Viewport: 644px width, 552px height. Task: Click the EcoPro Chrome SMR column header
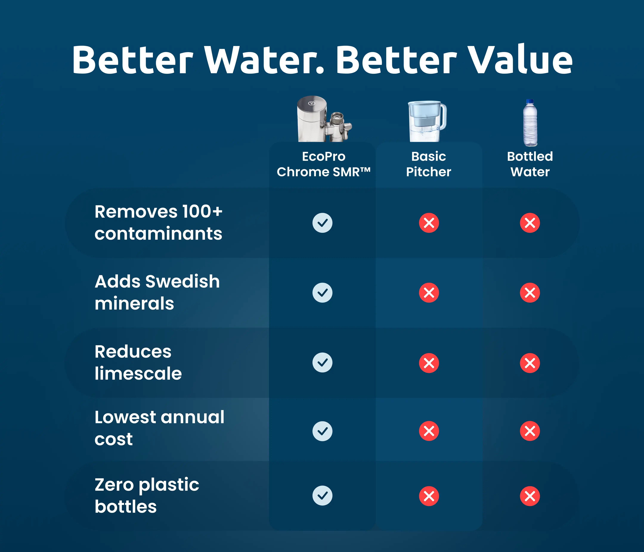323,164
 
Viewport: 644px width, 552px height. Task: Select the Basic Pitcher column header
429,164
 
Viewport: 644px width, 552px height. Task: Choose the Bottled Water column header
530,164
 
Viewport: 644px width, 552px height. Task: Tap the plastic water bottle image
530,123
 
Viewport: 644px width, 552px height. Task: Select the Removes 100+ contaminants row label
158,222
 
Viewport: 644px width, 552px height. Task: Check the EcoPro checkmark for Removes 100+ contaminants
322,223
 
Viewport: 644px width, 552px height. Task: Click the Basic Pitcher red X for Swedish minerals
429,293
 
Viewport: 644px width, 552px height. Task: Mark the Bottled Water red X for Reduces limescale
530,363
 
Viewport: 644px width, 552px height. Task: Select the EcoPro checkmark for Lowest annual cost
322,431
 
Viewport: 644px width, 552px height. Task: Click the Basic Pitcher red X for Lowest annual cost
429,431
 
